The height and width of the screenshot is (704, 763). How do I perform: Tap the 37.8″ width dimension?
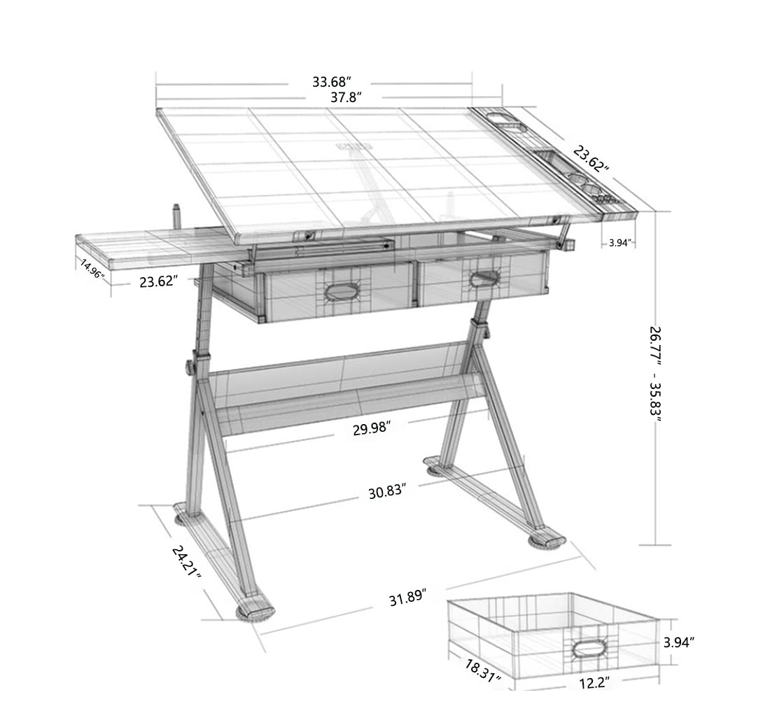click(x=346, y=98)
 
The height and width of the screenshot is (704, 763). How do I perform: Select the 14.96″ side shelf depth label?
click(x=92, y=269)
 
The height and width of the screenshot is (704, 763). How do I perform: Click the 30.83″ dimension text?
click(x=388, y=492)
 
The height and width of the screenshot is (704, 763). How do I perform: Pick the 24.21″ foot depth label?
click(x=186, y=561)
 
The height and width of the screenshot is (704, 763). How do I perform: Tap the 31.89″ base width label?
click(x=408, y=600)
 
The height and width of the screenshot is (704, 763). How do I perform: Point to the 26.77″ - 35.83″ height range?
click(x=655, y=372)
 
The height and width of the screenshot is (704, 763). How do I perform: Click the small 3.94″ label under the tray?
click(x=619, y=243)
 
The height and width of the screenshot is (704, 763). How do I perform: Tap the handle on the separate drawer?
click(x=584, y=647)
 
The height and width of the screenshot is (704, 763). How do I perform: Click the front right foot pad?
click(x=547, y=541)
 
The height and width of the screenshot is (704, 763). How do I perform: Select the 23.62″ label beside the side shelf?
click(x=158, y=282)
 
